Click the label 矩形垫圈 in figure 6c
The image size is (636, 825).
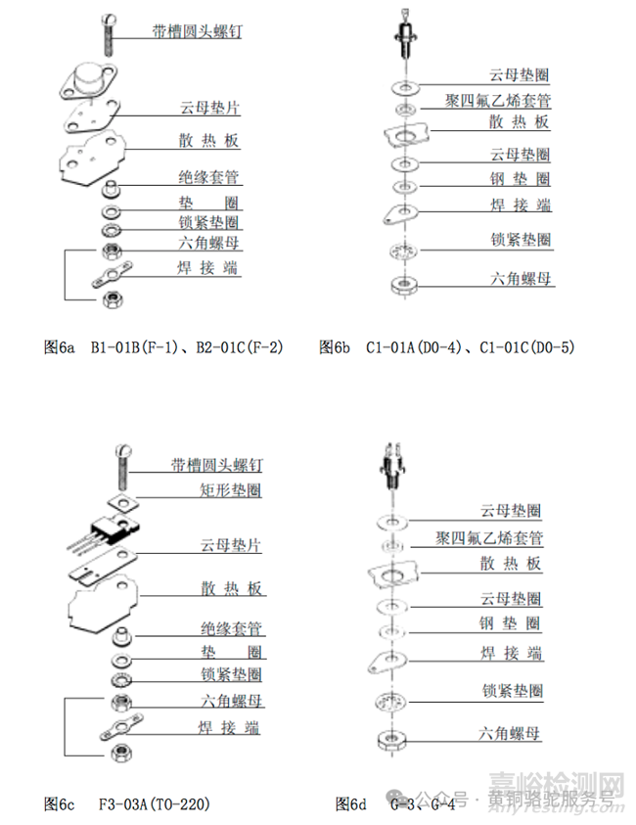(x=229, y=490)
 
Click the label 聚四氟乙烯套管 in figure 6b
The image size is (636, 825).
(x=497, y=101)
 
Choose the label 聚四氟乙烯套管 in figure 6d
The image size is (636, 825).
(x=489, y=538)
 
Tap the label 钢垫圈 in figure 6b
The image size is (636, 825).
(x=520, y=179)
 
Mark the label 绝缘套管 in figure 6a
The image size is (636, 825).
(x=209, y=178)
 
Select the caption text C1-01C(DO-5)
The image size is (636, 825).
(x=533, y=346)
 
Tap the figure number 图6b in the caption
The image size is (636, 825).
(x=335, y=346)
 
